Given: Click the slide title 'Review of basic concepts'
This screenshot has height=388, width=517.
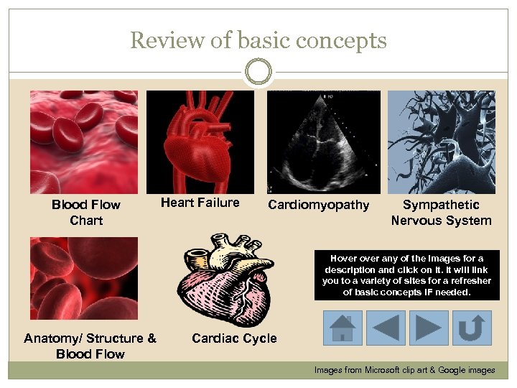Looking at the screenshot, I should point(258,40).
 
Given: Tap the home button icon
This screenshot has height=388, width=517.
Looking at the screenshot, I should point(342,328).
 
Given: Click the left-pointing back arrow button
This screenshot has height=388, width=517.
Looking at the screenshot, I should point(386,328).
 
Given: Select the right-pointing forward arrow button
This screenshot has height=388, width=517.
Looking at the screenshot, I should point(429,328).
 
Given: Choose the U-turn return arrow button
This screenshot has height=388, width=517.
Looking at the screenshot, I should point(472,328).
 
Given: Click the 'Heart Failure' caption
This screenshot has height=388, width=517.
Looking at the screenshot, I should point(200,203).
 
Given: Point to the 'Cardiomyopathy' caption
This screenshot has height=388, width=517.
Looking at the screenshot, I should point(318,205).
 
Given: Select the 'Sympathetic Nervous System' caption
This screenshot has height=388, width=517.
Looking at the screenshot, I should point(441,213).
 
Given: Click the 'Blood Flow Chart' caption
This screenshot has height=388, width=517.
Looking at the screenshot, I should point(86,213).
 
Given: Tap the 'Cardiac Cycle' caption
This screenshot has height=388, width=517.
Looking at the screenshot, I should point(234,338).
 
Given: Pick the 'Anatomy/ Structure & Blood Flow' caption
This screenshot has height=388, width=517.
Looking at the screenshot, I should point(90,346).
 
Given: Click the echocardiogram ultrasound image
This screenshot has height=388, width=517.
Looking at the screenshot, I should point(323,142).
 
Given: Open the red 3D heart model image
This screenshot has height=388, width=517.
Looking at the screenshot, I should point(200,142).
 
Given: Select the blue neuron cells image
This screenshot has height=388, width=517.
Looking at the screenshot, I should point(441,142).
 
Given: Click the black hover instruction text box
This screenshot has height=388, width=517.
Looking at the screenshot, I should point(406,275).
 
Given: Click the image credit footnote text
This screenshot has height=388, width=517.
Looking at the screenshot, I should point(404,370).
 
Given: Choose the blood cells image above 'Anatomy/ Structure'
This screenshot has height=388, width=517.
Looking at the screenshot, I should point(84,279).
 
